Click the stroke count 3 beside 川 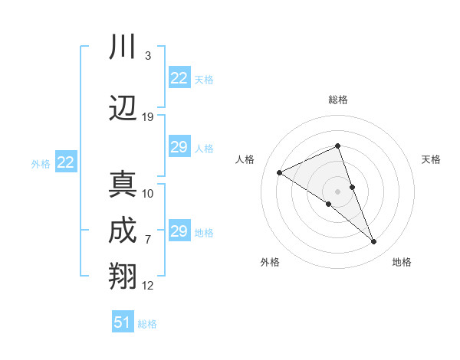[147, 56]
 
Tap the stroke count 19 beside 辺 [148, 117]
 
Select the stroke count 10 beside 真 [148, 193]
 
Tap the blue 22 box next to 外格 [65, 162]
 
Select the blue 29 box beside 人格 [179, 148]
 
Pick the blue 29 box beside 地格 [179, 231]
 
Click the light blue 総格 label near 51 [147, 324]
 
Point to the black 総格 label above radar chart [337, 100]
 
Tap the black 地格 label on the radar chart [402, 262]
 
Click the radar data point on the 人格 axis [280, 173]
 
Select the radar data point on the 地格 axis [374, 242]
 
